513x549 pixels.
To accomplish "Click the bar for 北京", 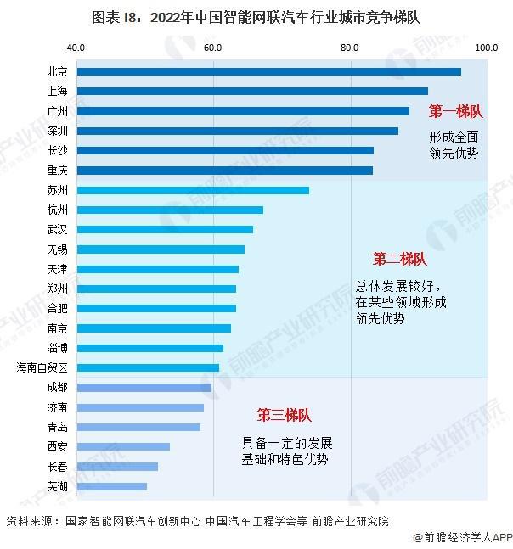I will point(268,71).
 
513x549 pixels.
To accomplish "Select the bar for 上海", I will point(251,91).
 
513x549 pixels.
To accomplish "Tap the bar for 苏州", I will point(192,190).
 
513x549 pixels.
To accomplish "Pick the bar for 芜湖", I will point(111,486).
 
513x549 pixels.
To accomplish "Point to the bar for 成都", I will point(144,387).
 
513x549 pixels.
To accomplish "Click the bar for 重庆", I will point(224,171).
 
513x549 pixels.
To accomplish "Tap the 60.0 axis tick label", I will point(212,47).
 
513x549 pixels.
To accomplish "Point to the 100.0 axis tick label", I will point(486,47).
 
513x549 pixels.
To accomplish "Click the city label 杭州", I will point(59,210).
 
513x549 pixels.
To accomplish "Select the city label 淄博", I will point(59,348).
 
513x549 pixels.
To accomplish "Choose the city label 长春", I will point(59,467).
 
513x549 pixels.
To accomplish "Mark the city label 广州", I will point(59,111).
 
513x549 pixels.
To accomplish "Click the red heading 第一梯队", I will point(455,111).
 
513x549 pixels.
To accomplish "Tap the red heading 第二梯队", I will point(399,259).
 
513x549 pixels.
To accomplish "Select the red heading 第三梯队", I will point(284,415).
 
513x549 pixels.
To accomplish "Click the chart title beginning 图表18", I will point(256,16).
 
